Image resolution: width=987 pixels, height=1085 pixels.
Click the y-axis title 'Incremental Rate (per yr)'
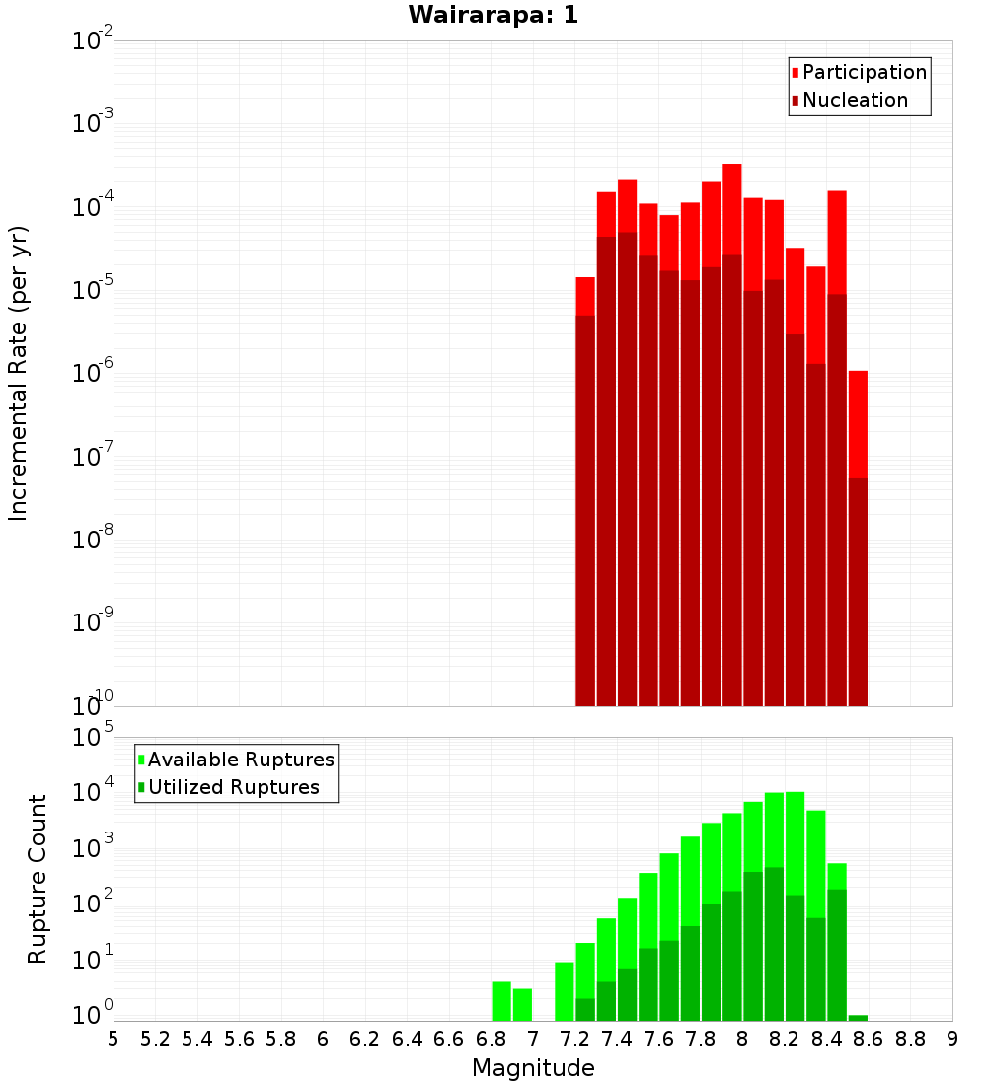pos(18,374)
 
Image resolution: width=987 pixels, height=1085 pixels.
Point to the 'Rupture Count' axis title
pos(38,879)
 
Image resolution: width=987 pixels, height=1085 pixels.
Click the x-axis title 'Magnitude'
pos(533,1068)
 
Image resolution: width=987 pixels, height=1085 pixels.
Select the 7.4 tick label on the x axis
pos(616,1039)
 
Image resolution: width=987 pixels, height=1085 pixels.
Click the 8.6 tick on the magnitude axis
pos(868,1039)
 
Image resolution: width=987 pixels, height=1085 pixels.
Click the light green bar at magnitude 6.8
pos(501,1001)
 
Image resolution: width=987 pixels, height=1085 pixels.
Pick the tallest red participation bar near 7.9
pos(732,207)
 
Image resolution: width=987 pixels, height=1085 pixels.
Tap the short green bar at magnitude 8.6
pos(858,1018)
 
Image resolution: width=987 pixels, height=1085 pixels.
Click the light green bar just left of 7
pos(522,1004)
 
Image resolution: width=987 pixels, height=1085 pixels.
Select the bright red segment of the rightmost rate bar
pos(858,424)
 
